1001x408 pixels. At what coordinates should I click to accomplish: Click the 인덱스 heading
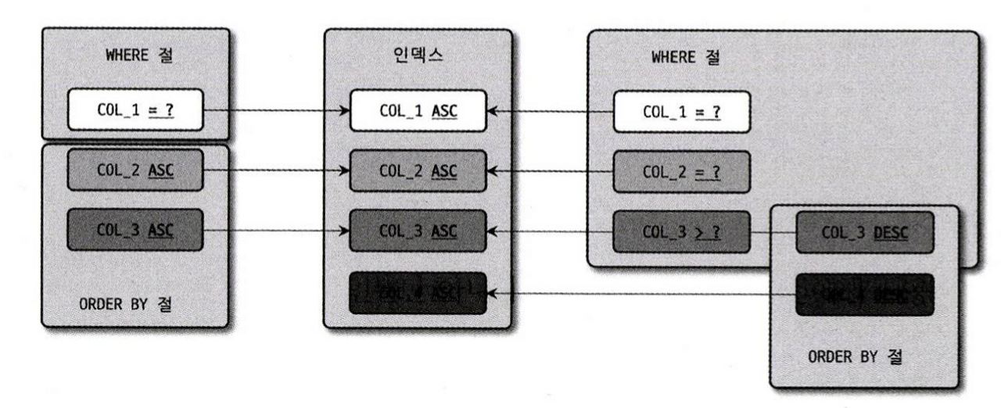coord(418,58)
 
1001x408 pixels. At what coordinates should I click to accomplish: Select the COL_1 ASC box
coord(418,111)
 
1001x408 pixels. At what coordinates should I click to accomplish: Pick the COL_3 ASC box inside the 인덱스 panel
coord(418,231)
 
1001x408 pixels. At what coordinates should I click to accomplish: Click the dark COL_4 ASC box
coord(418,293)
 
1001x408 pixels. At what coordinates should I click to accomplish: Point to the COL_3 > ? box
coord(680,231)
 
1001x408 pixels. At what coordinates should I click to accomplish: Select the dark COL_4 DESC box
coord(863,294)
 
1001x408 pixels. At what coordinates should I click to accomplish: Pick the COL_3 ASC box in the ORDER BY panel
coord(135,231)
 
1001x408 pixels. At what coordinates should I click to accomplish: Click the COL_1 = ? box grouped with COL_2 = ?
coord(680,111)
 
